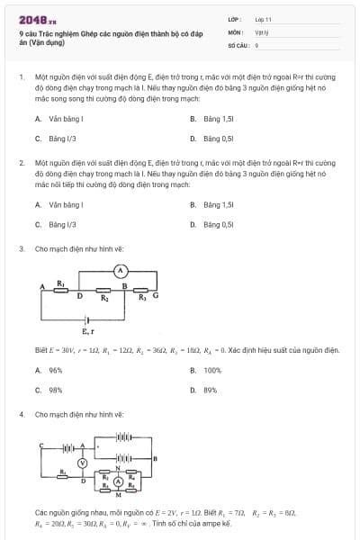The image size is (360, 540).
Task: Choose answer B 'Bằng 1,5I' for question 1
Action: click(218, 118)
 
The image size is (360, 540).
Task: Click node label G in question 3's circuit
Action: click(155, 294)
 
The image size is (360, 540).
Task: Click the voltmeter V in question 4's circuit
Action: click(82, 462)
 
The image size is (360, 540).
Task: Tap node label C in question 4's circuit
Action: click(40, 445)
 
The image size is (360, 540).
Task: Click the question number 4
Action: click(21, 413)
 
